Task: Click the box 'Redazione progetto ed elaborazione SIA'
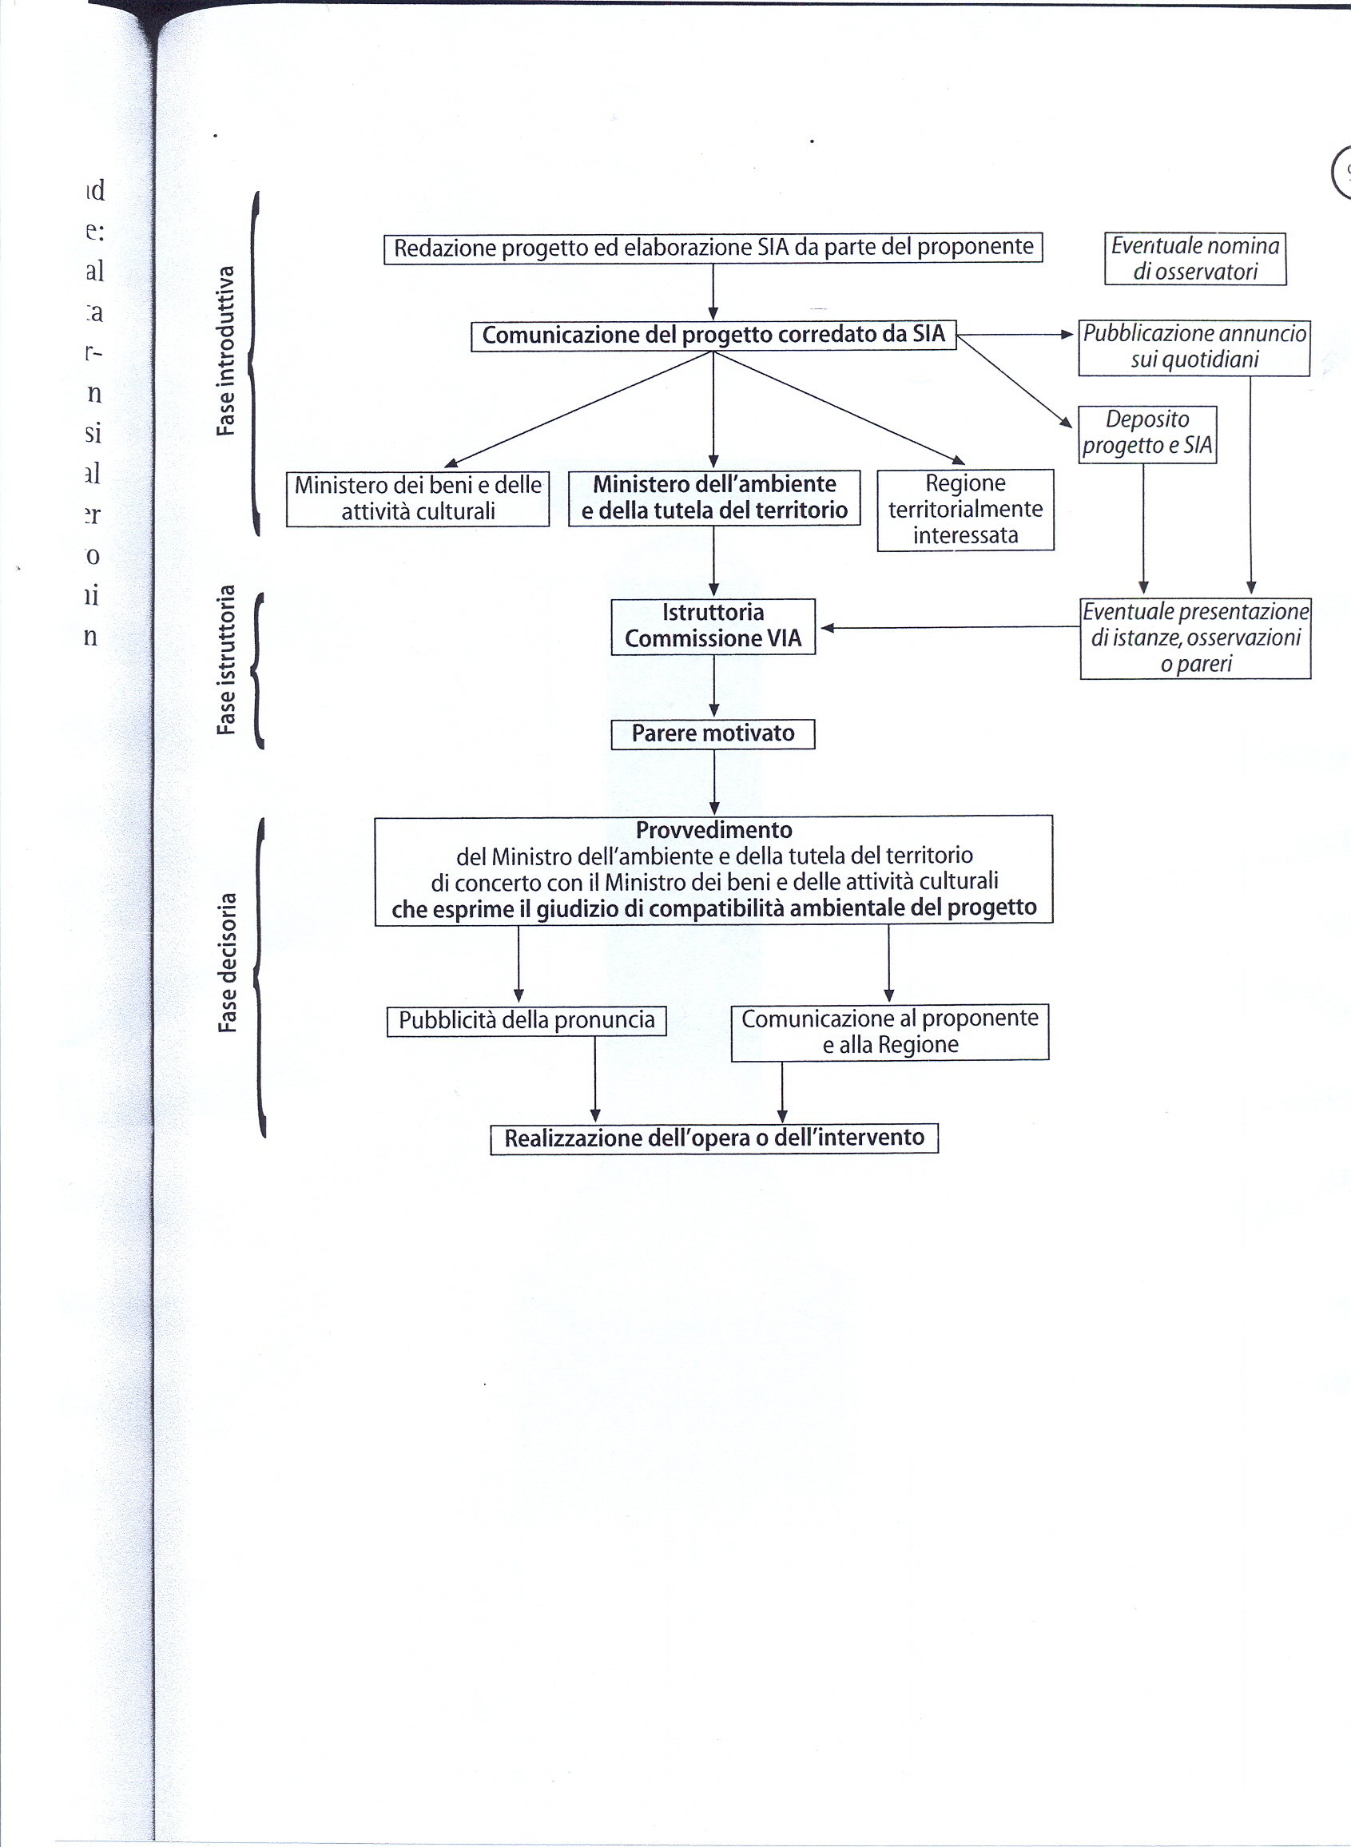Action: click(713, 248)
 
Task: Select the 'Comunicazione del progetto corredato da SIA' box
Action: click(713, 336)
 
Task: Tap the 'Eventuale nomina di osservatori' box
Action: click(1194, 258)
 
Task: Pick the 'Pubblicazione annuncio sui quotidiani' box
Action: click(1194, 348)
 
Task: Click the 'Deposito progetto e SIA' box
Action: click(1146, 433)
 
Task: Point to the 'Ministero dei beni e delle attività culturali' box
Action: click(417, 498)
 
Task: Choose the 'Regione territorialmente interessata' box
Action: click(965, 510)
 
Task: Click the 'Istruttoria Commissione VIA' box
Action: click(713, 626)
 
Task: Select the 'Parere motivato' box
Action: click(713, 733)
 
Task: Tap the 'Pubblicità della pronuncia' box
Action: click(526, 1020)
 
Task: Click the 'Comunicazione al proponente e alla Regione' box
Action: click(890, 1032)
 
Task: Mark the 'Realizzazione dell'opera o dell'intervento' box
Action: click(714, 1138)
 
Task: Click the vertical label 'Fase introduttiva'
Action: click(226, 351)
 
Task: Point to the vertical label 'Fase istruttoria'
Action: click(226, 660)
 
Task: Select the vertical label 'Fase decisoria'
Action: click(228, 963)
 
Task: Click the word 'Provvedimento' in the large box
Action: click(714, 830)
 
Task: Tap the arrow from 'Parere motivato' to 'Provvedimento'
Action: click(714, 781)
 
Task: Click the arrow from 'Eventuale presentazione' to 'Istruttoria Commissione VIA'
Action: click(948, 627)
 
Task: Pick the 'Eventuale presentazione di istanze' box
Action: click(1194, 638)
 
